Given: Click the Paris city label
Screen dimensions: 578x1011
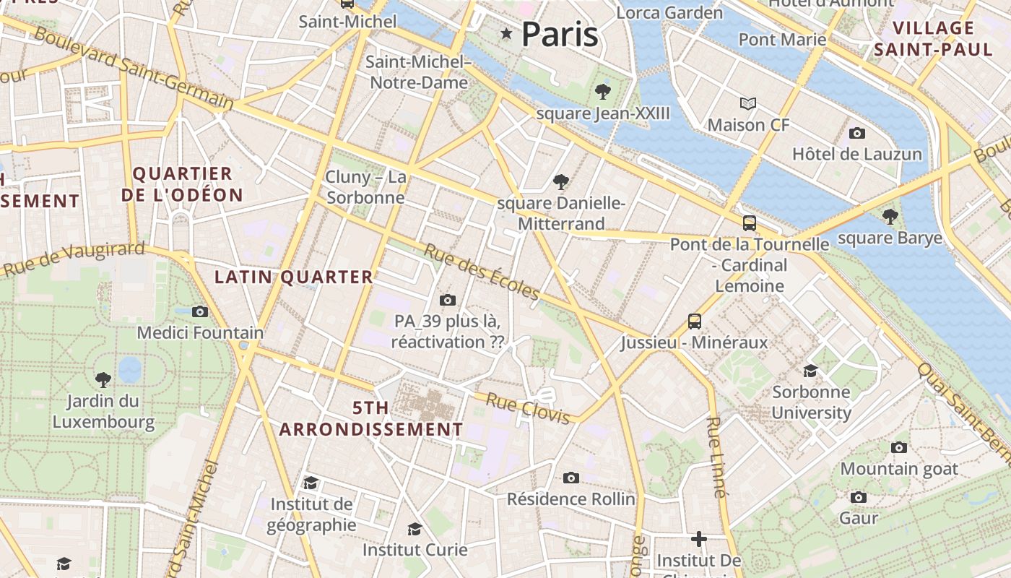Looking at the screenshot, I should pyautogui.click(x=560, y=34).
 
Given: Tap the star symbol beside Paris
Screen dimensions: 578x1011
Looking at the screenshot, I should pyautogui.click(x=506, y=33).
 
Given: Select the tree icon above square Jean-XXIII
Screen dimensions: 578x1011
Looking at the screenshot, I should pyautogui.click(x=602, y=92).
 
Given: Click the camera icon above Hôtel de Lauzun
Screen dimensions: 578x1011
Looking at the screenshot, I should pyautogui.click(x=857, y=133).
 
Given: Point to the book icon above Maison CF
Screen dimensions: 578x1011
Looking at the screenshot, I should pyautogui.click(x=748, y=104).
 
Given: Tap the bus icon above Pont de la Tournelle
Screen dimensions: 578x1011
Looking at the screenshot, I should pyautogui.click(x=750, y=223).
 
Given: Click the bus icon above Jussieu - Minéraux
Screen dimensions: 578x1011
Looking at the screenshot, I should pyautogui.click(x=694, y=321).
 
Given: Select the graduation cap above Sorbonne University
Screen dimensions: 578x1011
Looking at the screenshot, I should pyautogui.click(x=811, y=371).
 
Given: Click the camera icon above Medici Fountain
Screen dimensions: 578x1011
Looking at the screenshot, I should pyautogui.click(x=200, y=311).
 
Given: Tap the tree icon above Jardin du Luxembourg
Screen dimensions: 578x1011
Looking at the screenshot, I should pyautogui.click(x=103, y=379).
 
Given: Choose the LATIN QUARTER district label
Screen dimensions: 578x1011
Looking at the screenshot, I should pyautogui.click(x=294, y=277).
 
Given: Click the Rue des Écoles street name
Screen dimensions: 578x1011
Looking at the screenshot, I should pyautogui.click(x=481, y=272).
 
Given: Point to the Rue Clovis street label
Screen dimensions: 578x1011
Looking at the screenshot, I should pyautogui.click(x=531, y=407).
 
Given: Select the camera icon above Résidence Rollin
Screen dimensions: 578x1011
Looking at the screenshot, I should pyautogui.click(x=570, y=478).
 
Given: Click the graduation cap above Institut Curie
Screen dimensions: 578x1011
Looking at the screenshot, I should pyautogui.click(x=415, y=529).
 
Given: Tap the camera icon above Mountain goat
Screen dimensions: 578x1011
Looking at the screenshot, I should pyautogui.click(x=898, y=447).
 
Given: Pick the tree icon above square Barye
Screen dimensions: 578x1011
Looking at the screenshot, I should pyautogui.click(x=890, y=216).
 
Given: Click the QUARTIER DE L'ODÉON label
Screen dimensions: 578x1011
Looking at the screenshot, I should pyautogui.click(x=182, y=184).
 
